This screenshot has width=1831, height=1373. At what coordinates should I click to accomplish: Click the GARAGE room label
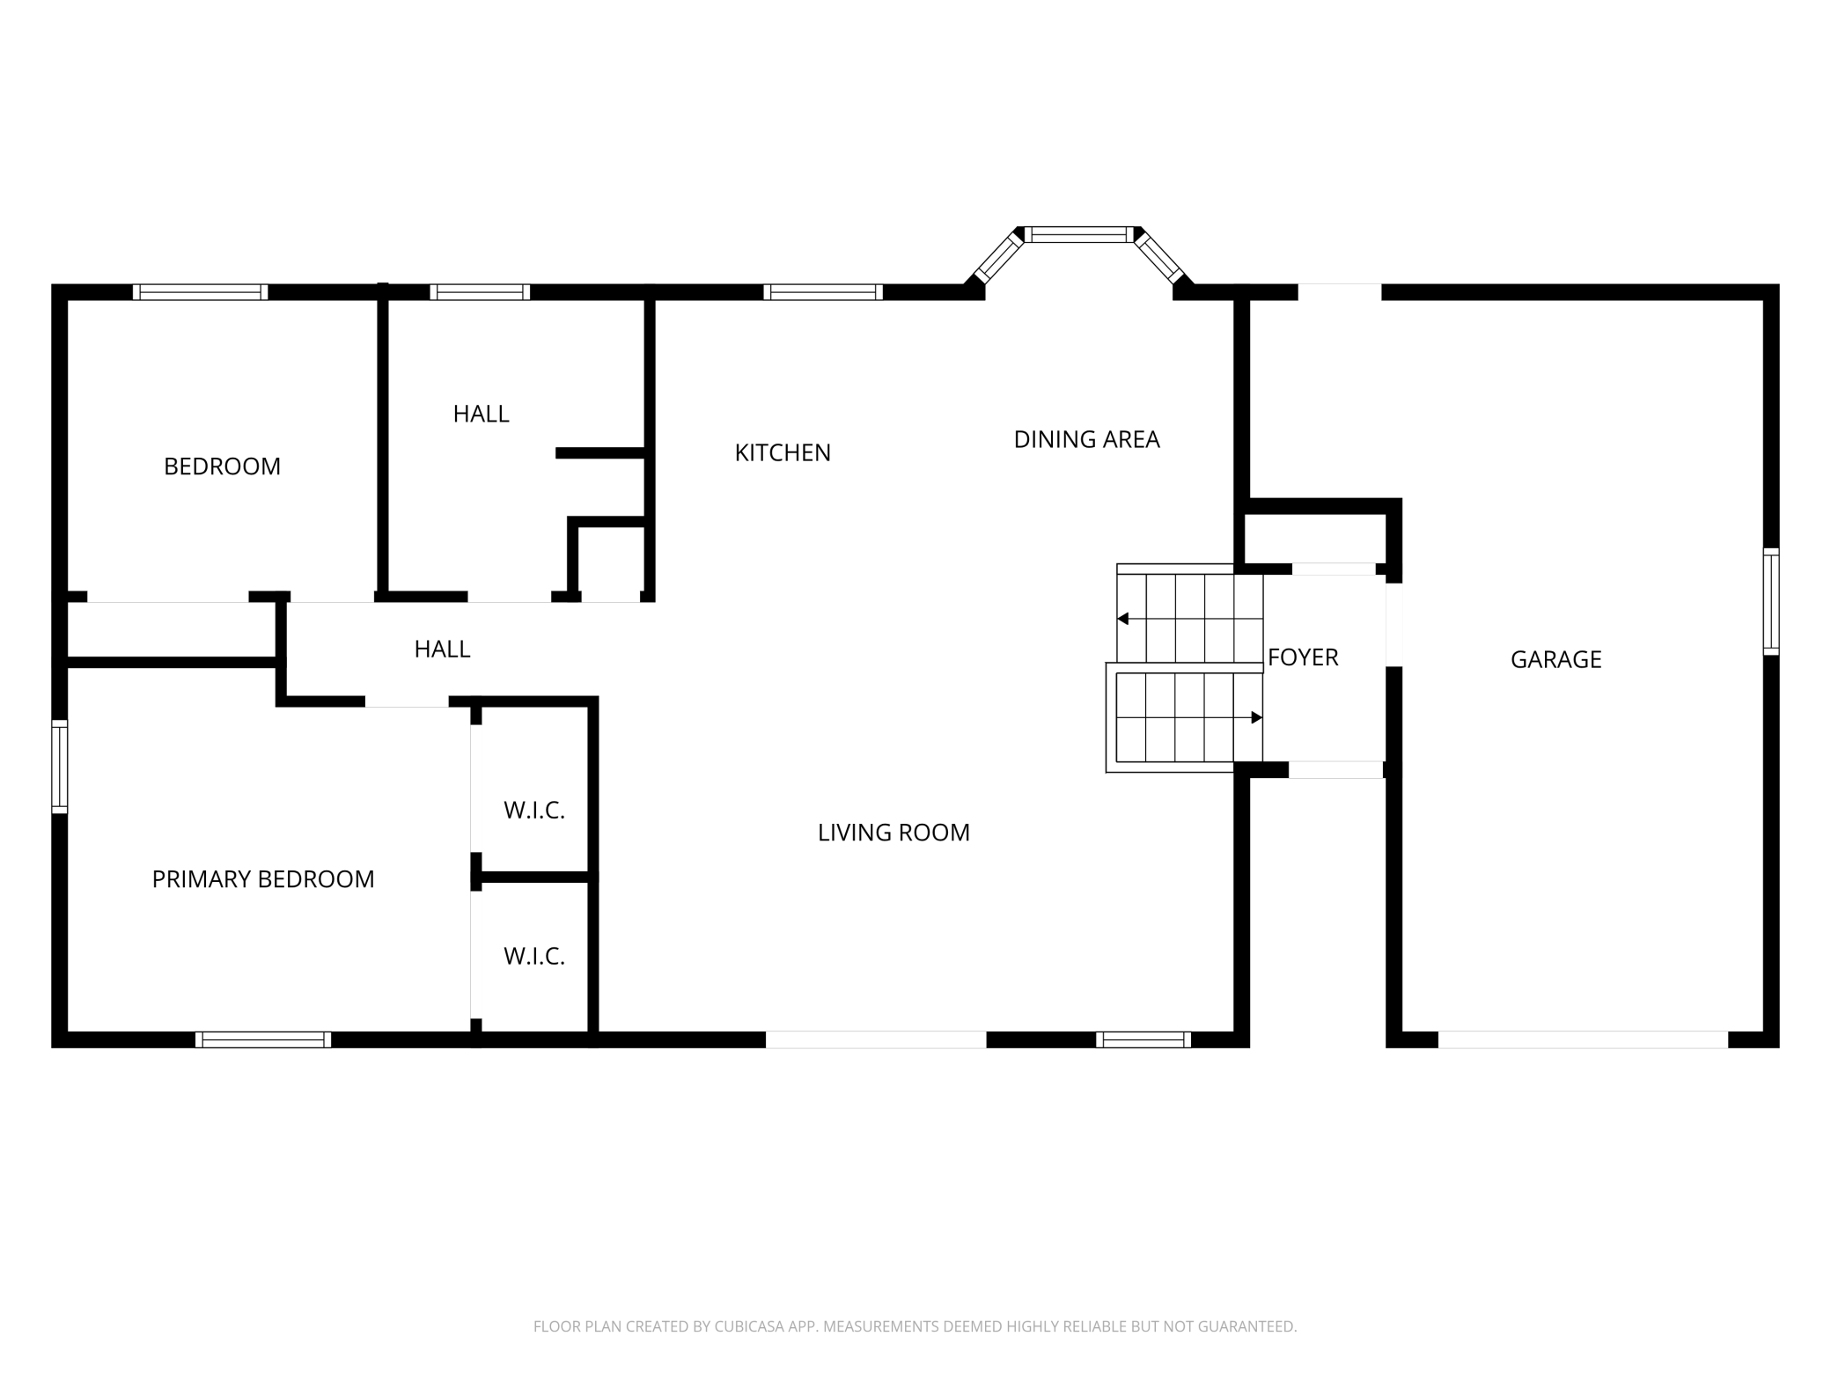click(x=1555, y=659)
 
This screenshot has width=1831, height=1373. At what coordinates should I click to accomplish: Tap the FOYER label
click(x=1303, y=657)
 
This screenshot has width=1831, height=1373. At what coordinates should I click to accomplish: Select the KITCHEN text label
click(x=783, y=452)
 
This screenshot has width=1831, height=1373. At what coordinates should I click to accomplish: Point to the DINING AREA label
click(x=1086, y=439)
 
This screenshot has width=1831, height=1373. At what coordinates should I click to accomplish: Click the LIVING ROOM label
click(x=893, y=833)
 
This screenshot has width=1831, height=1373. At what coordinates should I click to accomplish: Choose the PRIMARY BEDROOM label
click(x=263, y=879)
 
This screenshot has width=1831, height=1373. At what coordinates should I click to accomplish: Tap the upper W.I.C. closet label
click(x=533, y=811)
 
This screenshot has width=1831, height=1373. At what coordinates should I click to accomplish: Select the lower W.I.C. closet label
click(x=533, y=957)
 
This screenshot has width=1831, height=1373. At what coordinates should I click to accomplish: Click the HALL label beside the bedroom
click(x=481, y=414)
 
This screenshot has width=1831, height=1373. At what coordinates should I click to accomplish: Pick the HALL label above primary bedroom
click(x=442, y=650)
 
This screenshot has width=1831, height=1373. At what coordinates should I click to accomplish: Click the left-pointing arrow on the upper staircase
click(x=1123, y=619)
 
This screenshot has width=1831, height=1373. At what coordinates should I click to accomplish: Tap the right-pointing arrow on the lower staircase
click(x=1256, y=718)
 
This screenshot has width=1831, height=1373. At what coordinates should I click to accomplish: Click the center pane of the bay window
click(x=1078, y=234)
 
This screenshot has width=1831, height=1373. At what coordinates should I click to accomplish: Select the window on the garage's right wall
click(x=1771, y=601)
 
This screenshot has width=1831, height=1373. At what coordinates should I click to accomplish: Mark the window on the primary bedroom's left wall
click(x=59, y=766)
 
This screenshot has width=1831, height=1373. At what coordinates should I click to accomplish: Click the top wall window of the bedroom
click(x=201, y=292)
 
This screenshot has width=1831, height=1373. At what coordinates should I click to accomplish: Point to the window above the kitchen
click(x=823, y=292)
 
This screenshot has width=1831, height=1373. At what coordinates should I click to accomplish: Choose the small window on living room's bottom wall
click(x=1143, y=1040)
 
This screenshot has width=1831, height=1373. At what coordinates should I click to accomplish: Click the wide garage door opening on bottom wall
click(x=1583, y=1040)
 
